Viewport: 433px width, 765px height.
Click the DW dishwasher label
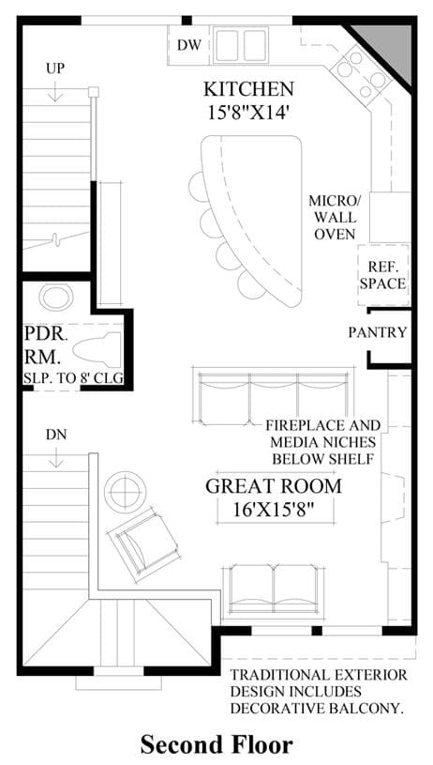point(188,45)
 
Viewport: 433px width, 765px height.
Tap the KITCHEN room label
point(248,90)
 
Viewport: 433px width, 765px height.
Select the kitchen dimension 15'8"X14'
point(249,114)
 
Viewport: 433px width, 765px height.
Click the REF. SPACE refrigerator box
point(382,275)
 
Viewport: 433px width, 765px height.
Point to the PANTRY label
point(378,332)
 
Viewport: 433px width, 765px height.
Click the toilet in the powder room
point(97,349)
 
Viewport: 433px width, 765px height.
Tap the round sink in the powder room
point(56,298)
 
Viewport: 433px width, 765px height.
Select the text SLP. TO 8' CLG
point(73,378)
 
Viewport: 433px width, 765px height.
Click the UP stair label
point(55,69)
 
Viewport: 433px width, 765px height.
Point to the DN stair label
point(56,435)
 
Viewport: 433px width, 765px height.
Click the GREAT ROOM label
point(274,486)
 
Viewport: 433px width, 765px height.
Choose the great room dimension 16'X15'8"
point(273,511)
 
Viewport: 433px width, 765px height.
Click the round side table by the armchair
point(126,492)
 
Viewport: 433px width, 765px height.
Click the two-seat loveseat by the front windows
point(274,590)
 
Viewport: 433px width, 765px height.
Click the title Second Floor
point(216,745)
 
